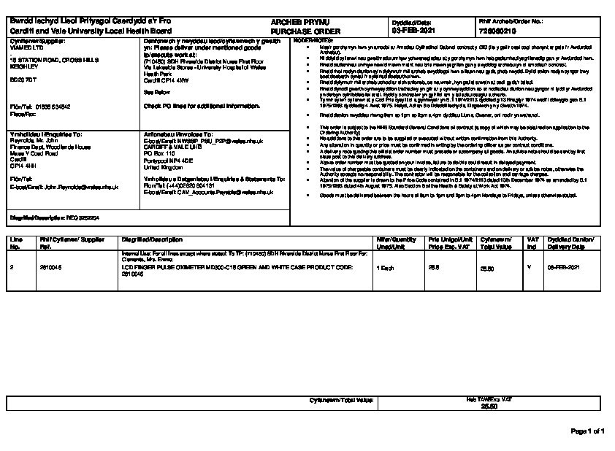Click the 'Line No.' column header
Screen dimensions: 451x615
tap(15, 243)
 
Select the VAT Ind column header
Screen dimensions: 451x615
tap(532, 243)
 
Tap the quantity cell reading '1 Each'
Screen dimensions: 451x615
tap(385, 269)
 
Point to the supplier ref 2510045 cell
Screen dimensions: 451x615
tap(50, 269)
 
